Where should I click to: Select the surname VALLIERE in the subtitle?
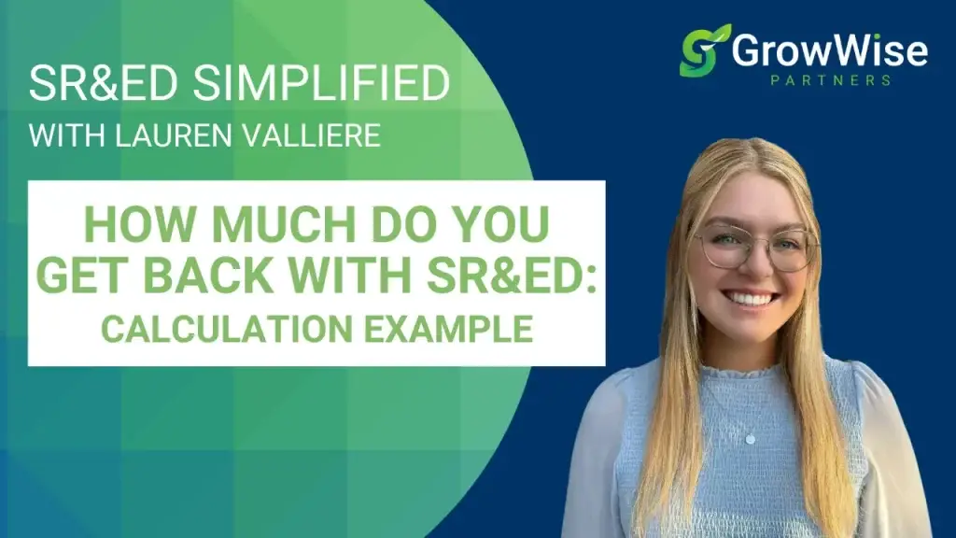[x=318, y=135]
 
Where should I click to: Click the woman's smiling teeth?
[x=753, y=299]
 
